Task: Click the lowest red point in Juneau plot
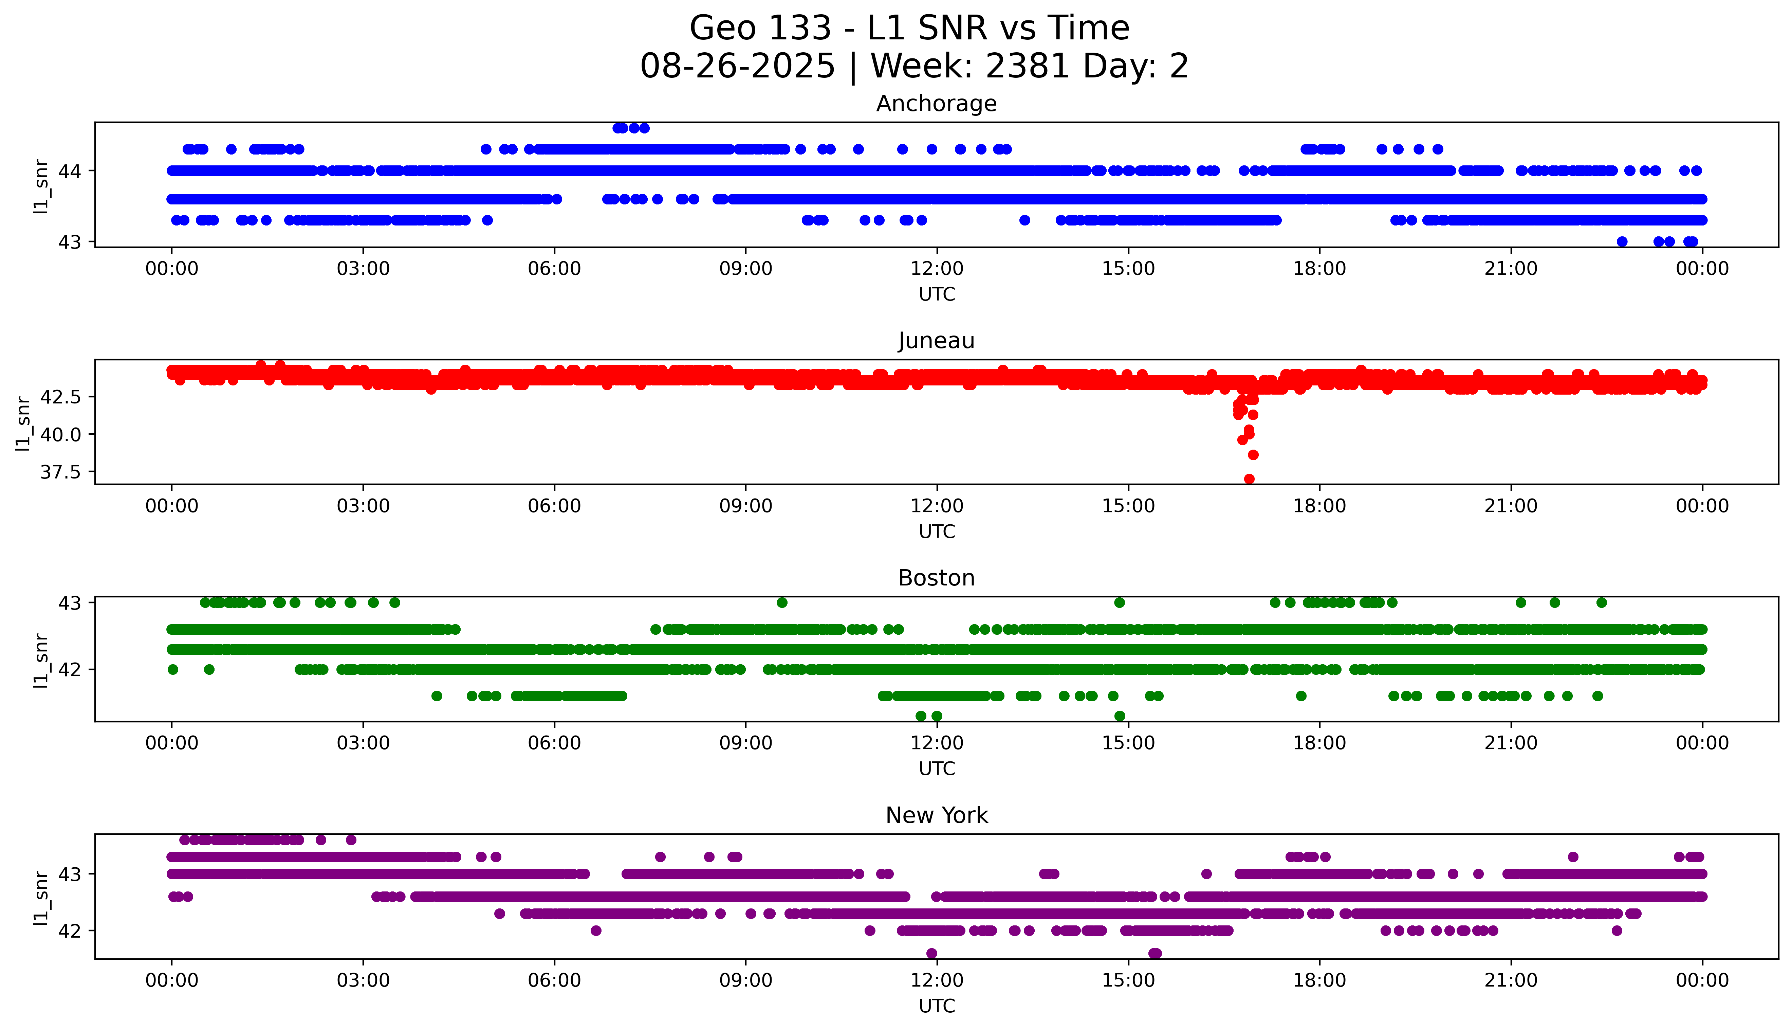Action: [x=1249, y=479]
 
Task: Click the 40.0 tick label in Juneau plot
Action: [x=61, y=434]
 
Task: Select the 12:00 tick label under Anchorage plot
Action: [x=937, y=269]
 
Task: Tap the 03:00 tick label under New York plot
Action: [x=363, y=980]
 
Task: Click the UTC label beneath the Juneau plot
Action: [x=937, y=531]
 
